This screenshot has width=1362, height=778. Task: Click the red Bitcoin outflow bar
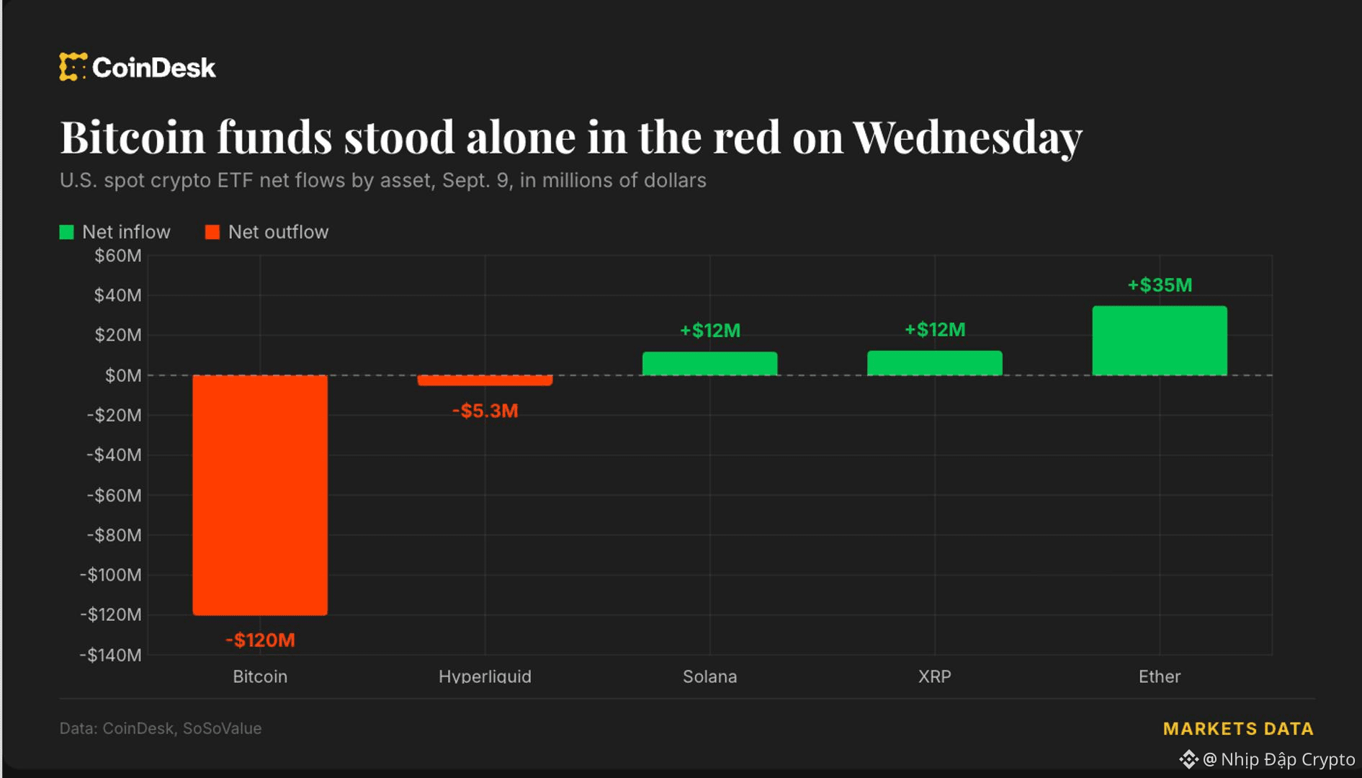pyautogui.click(x=260, y=495)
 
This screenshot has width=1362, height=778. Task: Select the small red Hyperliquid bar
pyautogui.click(x=485, y=380)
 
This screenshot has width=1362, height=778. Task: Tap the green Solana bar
pyautogui.click(x=709, y=364)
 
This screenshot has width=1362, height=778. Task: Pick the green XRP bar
pyautogui.click(x=934, y=363)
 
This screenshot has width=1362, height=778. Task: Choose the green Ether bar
pyautogui.click(x=1160, y=341)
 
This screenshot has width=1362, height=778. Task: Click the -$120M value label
pyautogui.click(x=260, y=640)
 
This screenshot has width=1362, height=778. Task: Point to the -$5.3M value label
pyautogui.click(x=485, y=411)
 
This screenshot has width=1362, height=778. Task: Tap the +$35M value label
pyautogui.click(x=1160, y=285)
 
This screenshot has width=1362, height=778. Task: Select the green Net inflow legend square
pyautogui.click(x=66, y=232)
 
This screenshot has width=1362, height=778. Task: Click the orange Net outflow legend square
pyautogui.click(x=212, y=232)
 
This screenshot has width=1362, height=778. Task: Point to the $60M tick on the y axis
pyautogui.click(x=118, y=256)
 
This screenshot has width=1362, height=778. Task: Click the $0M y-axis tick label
pyautogui.click(x=123, y=375)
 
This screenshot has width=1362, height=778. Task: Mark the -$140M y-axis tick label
pyautogui.click(x=111, y=655)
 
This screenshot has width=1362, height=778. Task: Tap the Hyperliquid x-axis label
pyautogui.click(x=485, y=676)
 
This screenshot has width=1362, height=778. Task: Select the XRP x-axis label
pyautogui.click(x=934, y=676)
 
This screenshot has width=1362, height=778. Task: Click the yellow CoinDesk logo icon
pyautogui.click(x=73, y=67)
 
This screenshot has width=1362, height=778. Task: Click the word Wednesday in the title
pyautogui.click(x=967, y=137)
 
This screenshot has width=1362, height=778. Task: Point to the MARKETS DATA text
pyautogui.click(x=1238, y=729)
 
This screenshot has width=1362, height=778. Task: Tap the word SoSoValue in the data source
pyautogui.click(x=222, y=728)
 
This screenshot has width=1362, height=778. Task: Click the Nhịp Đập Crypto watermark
pyautogui.click(x=1267, y=759)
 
